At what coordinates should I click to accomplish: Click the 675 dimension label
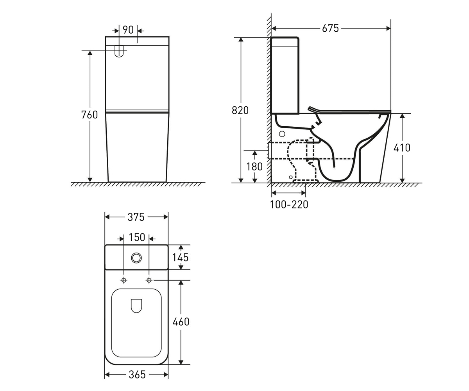330,29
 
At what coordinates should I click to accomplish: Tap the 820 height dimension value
240,110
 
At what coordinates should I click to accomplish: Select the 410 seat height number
402,148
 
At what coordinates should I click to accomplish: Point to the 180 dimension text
254,167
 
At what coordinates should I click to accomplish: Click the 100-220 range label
289,204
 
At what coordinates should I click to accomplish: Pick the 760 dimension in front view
90,115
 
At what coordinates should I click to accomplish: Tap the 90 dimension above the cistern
128,30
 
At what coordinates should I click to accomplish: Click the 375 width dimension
136,217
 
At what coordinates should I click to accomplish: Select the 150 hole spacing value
137,237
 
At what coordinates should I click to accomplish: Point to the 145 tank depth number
180,258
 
